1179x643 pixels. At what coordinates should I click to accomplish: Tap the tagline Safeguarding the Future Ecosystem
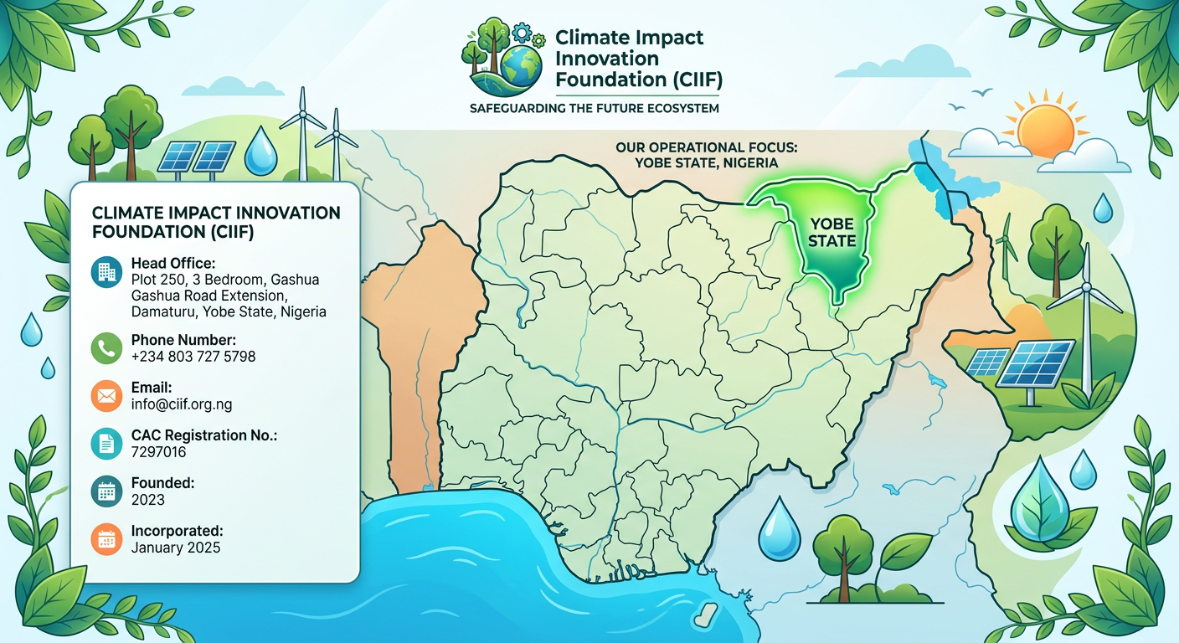[x=595, y=108]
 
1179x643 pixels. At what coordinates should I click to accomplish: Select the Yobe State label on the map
[x=831, y=233]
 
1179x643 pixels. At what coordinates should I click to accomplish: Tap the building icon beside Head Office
[x=106, y=272]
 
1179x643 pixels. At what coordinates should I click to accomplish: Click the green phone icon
[x=106, y=348]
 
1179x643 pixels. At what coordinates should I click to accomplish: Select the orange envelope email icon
[x=106, y=396]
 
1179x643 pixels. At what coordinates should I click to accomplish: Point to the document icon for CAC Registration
[x=106, y=444]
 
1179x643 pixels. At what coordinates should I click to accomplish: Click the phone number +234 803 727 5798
[x=193, y=357]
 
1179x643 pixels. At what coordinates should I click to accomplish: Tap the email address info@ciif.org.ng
[x=182, y=404]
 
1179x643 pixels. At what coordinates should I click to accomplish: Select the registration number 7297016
[x=158, y=452]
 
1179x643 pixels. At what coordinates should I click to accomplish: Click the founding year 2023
[x=148, y=499]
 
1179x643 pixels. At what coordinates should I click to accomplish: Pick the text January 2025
[x=176, y=548]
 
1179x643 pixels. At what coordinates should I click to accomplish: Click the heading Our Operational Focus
[x=707, y=147]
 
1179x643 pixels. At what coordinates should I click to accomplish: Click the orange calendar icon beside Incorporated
[x=106, y=539]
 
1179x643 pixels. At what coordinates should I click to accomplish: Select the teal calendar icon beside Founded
[x=106, y=491]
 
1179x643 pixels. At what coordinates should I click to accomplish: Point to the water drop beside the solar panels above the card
[x=260, y=151]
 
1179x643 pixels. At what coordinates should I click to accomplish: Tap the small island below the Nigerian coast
[x=705, y=615]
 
